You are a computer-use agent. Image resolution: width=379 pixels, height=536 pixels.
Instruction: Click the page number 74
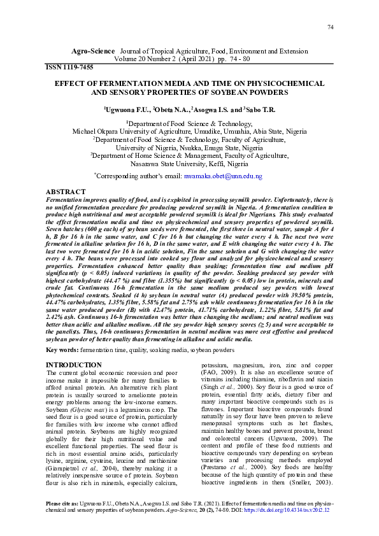coord(330,27)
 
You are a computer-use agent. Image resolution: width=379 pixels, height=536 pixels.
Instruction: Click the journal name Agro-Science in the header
coord(92,50)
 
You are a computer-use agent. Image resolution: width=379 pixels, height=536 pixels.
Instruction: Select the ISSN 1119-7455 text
coord(69,67)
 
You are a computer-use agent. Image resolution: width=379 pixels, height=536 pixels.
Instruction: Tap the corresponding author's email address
coord(223,175)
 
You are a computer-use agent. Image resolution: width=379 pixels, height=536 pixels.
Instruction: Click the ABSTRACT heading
coord(66,192)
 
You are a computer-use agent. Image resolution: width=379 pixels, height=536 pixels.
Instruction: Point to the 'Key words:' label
coord(62,368)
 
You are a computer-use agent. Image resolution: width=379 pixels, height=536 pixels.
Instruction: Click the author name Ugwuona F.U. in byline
coord(129,109)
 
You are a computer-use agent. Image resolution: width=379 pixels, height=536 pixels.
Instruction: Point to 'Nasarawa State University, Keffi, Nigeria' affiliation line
coord(189,162)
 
